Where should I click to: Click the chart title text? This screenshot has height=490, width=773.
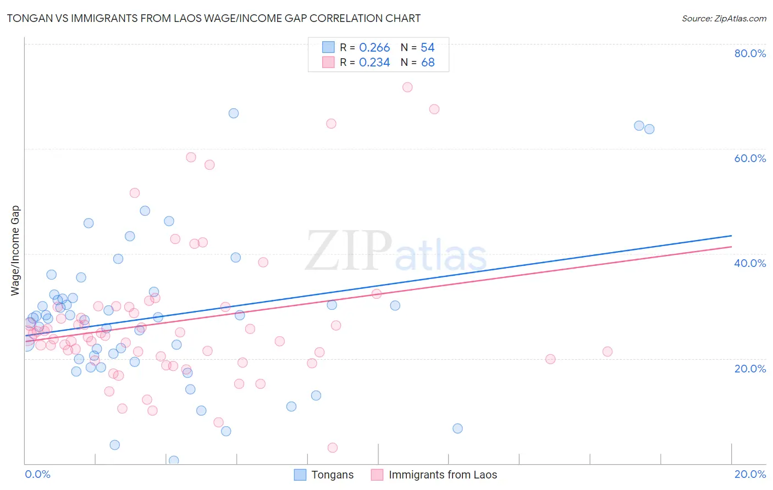coord(214,18)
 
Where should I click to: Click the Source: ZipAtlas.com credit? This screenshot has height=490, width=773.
coord(724,18)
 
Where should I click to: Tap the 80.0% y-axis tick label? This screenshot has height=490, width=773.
coord(750,53)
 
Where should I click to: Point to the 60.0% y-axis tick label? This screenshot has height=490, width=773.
coord(750,158)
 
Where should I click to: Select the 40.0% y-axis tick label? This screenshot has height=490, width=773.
coord(750,263)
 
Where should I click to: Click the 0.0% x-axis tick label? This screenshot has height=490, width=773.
coord(37,474)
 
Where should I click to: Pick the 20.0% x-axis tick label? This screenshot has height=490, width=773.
coord(750,474)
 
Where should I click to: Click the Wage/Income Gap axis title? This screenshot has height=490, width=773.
coord(15,250)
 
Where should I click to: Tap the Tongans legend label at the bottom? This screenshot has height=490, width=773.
coord(332,475)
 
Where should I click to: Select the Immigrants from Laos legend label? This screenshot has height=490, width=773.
coord(443,475)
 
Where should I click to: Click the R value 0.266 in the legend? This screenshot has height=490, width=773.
coord(374,48)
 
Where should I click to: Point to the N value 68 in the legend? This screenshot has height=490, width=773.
coord(428,63)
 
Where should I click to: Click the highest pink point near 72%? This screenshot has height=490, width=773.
coord(407,87)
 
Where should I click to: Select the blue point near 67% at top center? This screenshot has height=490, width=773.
coord(234,113)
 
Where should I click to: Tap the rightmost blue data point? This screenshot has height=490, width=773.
coord(649,129)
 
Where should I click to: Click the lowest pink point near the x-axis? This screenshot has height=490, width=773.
coord(333,448)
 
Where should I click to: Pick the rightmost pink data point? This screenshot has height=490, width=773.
coord(608,352)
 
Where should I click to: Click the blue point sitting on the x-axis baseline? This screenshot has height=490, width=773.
coord(174,460)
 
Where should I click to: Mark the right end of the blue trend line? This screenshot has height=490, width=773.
coord(731,236)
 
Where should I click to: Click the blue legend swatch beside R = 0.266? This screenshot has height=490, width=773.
coord(328,47)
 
